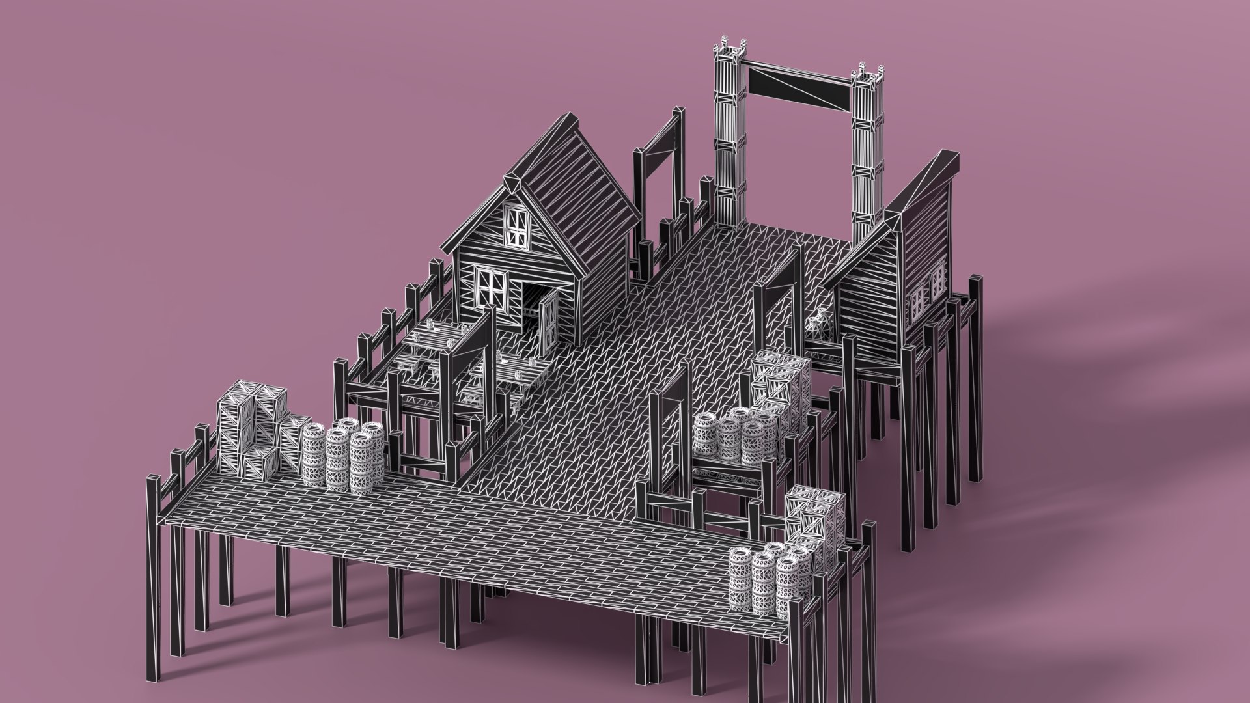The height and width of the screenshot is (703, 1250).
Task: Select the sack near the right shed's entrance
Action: tap(818, 322)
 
